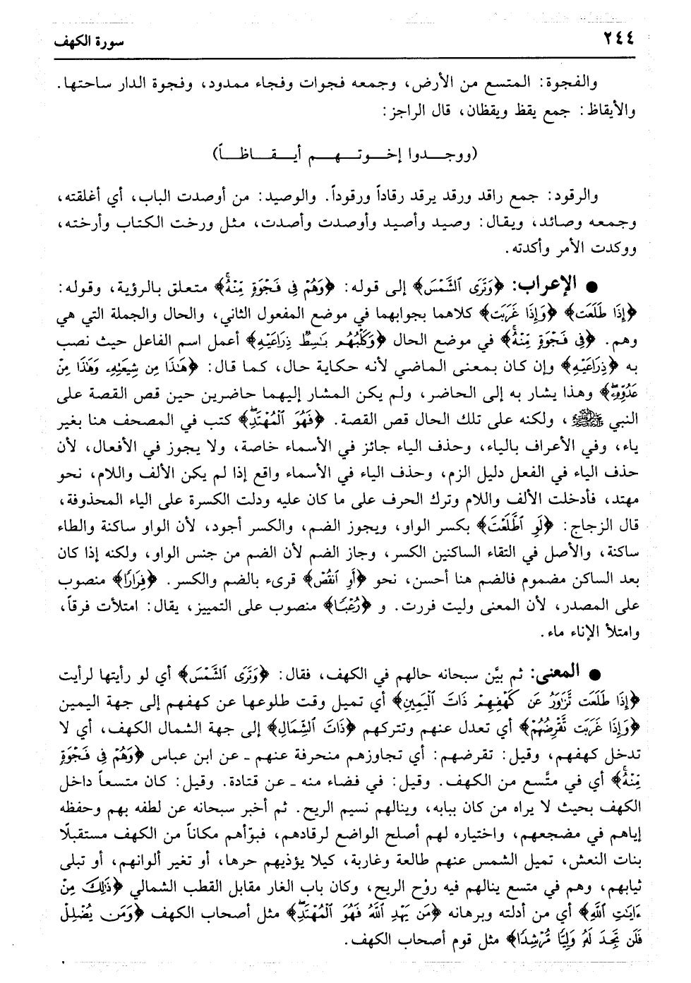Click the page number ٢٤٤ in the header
point(614,40)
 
